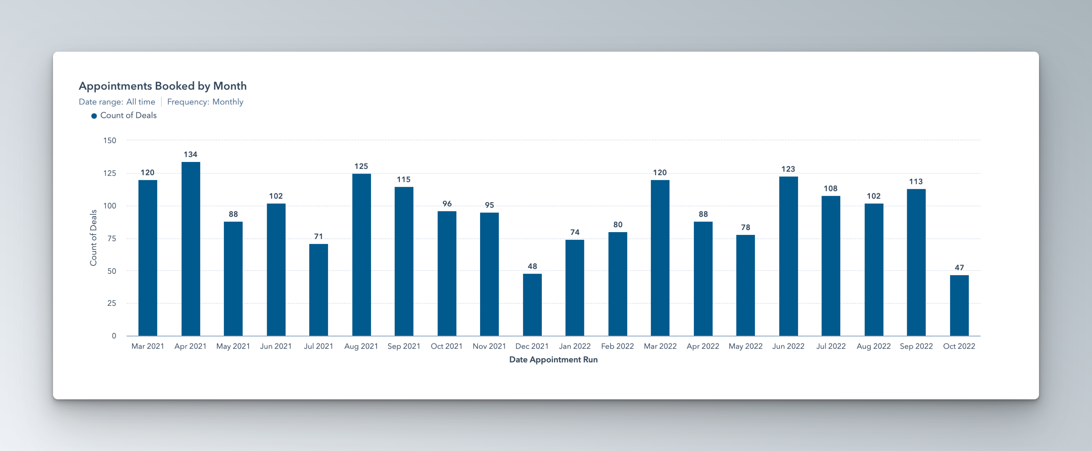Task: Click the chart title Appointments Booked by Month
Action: (162, 86)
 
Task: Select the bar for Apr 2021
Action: (191, 249)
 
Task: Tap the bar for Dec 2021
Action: (532, 305)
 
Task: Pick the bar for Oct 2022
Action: (959, 305)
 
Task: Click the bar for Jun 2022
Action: (788, 256)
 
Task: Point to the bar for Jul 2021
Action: (318, 290)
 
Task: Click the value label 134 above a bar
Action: (190, 154)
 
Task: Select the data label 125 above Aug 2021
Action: (361, 166)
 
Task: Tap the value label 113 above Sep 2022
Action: (916, 182)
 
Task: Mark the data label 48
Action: (532, 266)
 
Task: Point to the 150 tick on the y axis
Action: (109, 140)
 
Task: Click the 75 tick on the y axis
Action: (112, 238)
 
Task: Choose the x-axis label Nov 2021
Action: (489, 346)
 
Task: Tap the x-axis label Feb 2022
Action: (617, 346)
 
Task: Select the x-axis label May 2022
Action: (745, 346)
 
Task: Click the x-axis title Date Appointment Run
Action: (553, 360)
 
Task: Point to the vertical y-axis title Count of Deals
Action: (93, 238)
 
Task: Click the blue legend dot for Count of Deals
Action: (94, 116)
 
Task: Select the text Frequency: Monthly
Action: (205, 102)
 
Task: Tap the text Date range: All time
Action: (117, 102)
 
